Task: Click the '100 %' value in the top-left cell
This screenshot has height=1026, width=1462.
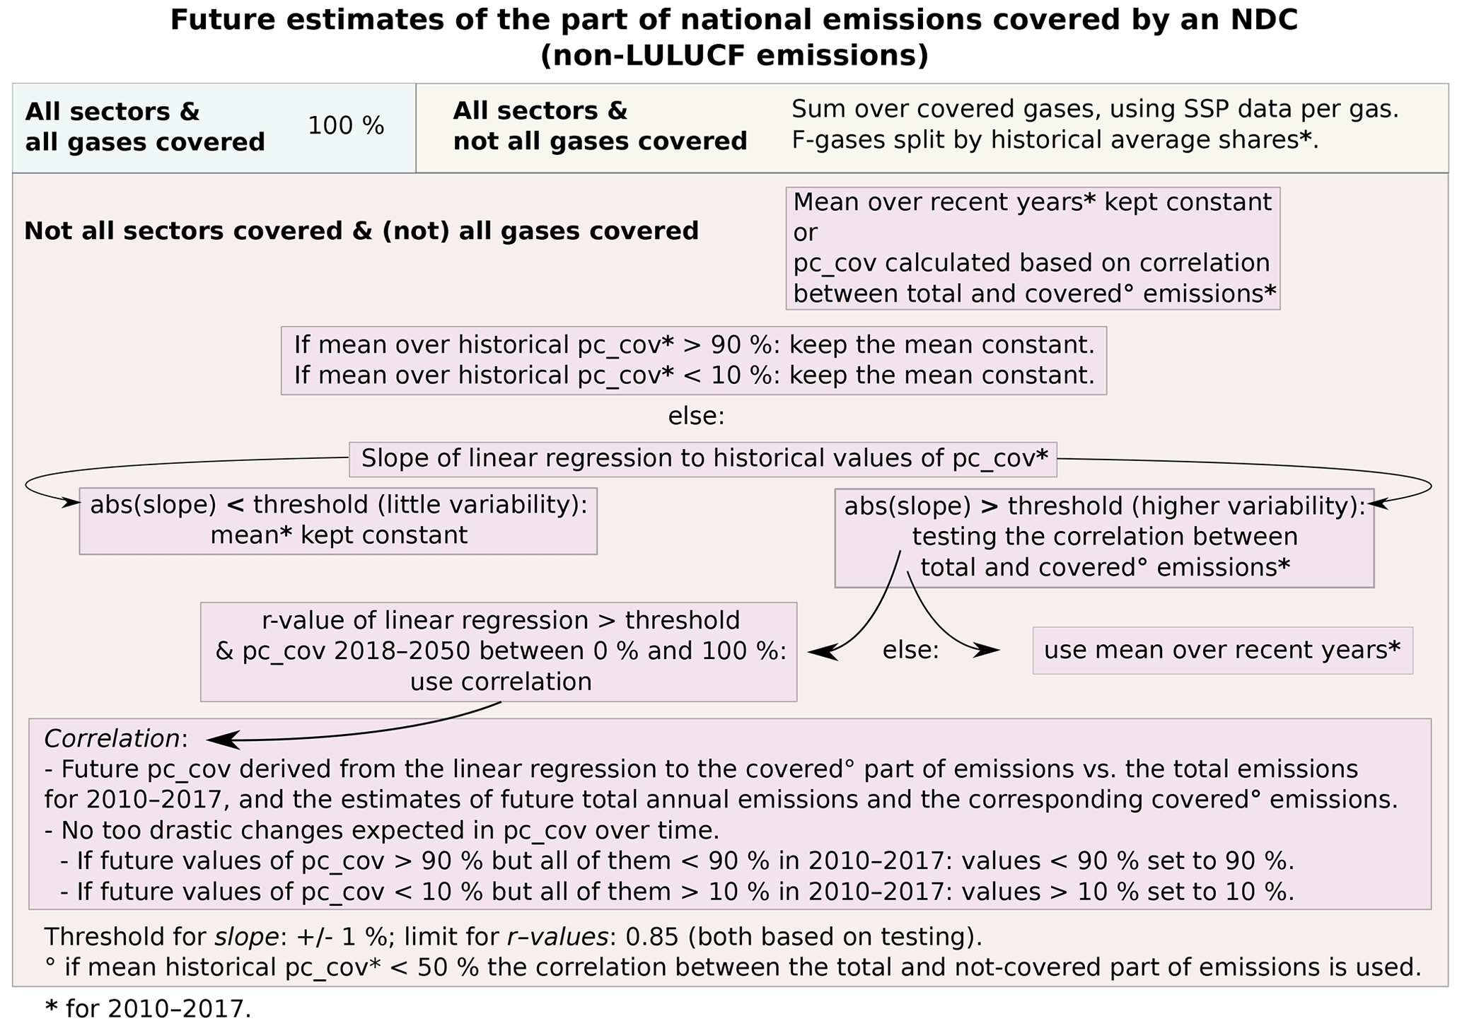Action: coord(346,127)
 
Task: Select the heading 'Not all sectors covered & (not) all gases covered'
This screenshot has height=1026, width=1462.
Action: coord(361,232)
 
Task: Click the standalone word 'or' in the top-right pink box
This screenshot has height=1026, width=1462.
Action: coord(805,233)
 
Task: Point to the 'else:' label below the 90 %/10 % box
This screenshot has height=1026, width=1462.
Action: coord(696,417)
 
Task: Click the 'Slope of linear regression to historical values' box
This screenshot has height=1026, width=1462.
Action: coord(703,460)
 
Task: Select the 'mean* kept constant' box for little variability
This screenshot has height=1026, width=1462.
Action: coord(338,521)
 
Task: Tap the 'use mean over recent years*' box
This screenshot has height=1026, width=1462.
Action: coord(1222,651)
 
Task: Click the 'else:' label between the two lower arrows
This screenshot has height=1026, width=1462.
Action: coord(910,651)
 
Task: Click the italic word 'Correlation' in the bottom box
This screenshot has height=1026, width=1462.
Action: coord(112,740)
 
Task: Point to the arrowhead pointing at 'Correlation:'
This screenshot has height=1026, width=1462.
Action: coord(218,740)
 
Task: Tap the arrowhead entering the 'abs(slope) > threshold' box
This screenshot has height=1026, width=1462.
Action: coord(1377,504)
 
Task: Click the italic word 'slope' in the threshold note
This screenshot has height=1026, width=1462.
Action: coord(247,938)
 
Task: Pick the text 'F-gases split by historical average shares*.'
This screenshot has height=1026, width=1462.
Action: coord(1055,141)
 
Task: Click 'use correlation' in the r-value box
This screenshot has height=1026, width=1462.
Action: coord(500,682)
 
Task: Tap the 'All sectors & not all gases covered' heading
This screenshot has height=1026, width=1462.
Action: coord(600,127)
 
